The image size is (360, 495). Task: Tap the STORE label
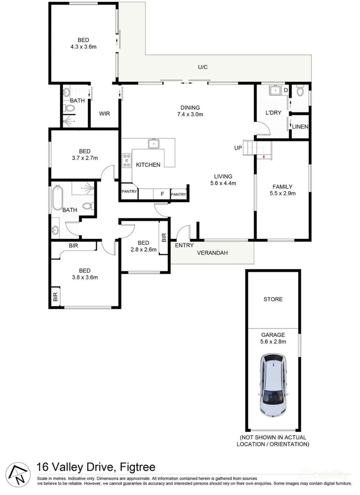[273, 299]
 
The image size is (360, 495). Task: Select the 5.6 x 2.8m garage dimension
[273, 341]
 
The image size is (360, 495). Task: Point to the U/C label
[202, 67]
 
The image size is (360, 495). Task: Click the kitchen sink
[153, 144]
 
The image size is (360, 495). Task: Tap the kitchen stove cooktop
[127, 160]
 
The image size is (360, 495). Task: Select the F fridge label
[162, 194]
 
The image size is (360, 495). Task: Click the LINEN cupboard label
[300, 127]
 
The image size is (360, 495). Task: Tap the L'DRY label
[273, 113]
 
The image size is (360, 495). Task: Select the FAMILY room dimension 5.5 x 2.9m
[282, 193]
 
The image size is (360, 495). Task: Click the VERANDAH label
[212, 253]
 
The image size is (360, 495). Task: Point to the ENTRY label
[184, 245]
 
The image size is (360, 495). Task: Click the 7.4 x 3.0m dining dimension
[190, 115]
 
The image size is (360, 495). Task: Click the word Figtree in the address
[137, 467]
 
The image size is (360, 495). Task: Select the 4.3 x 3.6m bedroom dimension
[83, 46]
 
